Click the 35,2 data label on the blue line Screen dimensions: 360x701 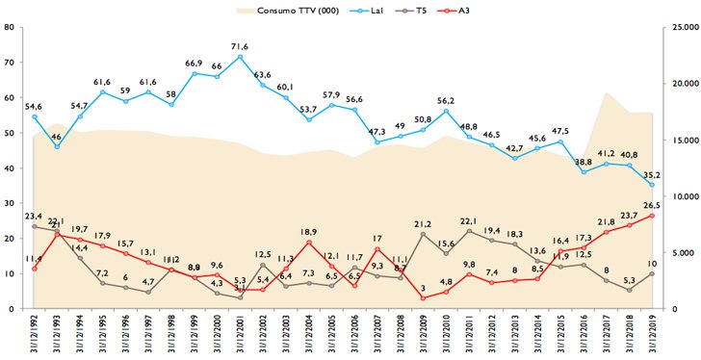click(x=653, y=174)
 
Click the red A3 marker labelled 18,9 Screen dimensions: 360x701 click(x=308, y=242)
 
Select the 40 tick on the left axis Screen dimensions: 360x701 click(x=9, y=167)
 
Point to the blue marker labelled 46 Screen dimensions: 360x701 click(x=57, y=146)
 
